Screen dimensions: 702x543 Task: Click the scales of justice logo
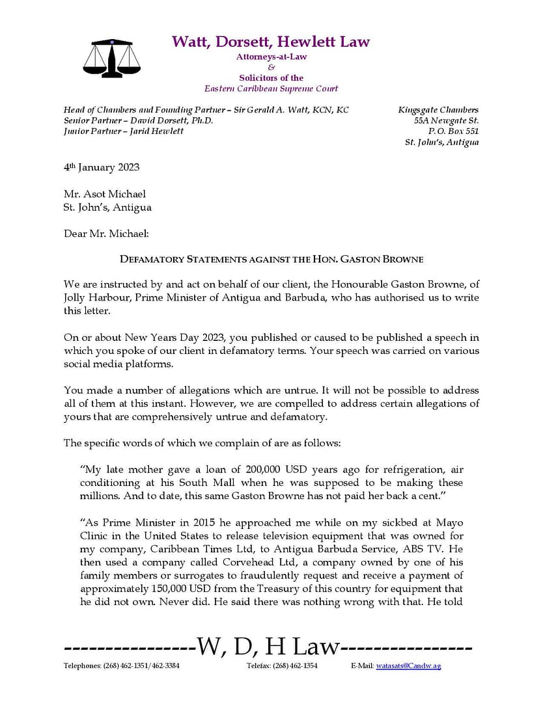point(111,58)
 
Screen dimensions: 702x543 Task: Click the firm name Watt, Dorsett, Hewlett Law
point(271,42)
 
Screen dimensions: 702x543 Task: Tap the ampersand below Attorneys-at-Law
point(271,67)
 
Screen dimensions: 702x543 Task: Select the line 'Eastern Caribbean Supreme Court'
point(271,88)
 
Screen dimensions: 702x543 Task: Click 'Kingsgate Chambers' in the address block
point(438,110)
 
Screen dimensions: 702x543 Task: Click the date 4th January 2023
point(102,167)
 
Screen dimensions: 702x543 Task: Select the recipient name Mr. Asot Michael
point(105,194)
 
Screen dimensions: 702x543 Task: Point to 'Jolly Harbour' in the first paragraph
point(92,298)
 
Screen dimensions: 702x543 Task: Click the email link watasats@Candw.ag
point(408,666)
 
